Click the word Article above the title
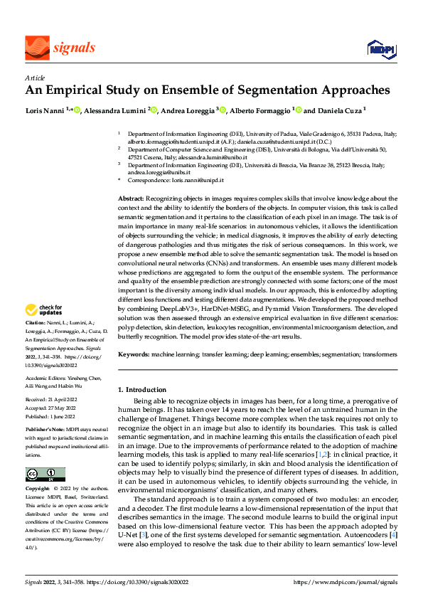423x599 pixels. [35, 78]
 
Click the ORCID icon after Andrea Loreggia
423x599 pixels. [223, 110]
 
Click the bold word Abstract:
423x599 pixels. [130, 196]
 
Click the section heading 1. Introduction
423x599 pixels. [141, 390]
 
